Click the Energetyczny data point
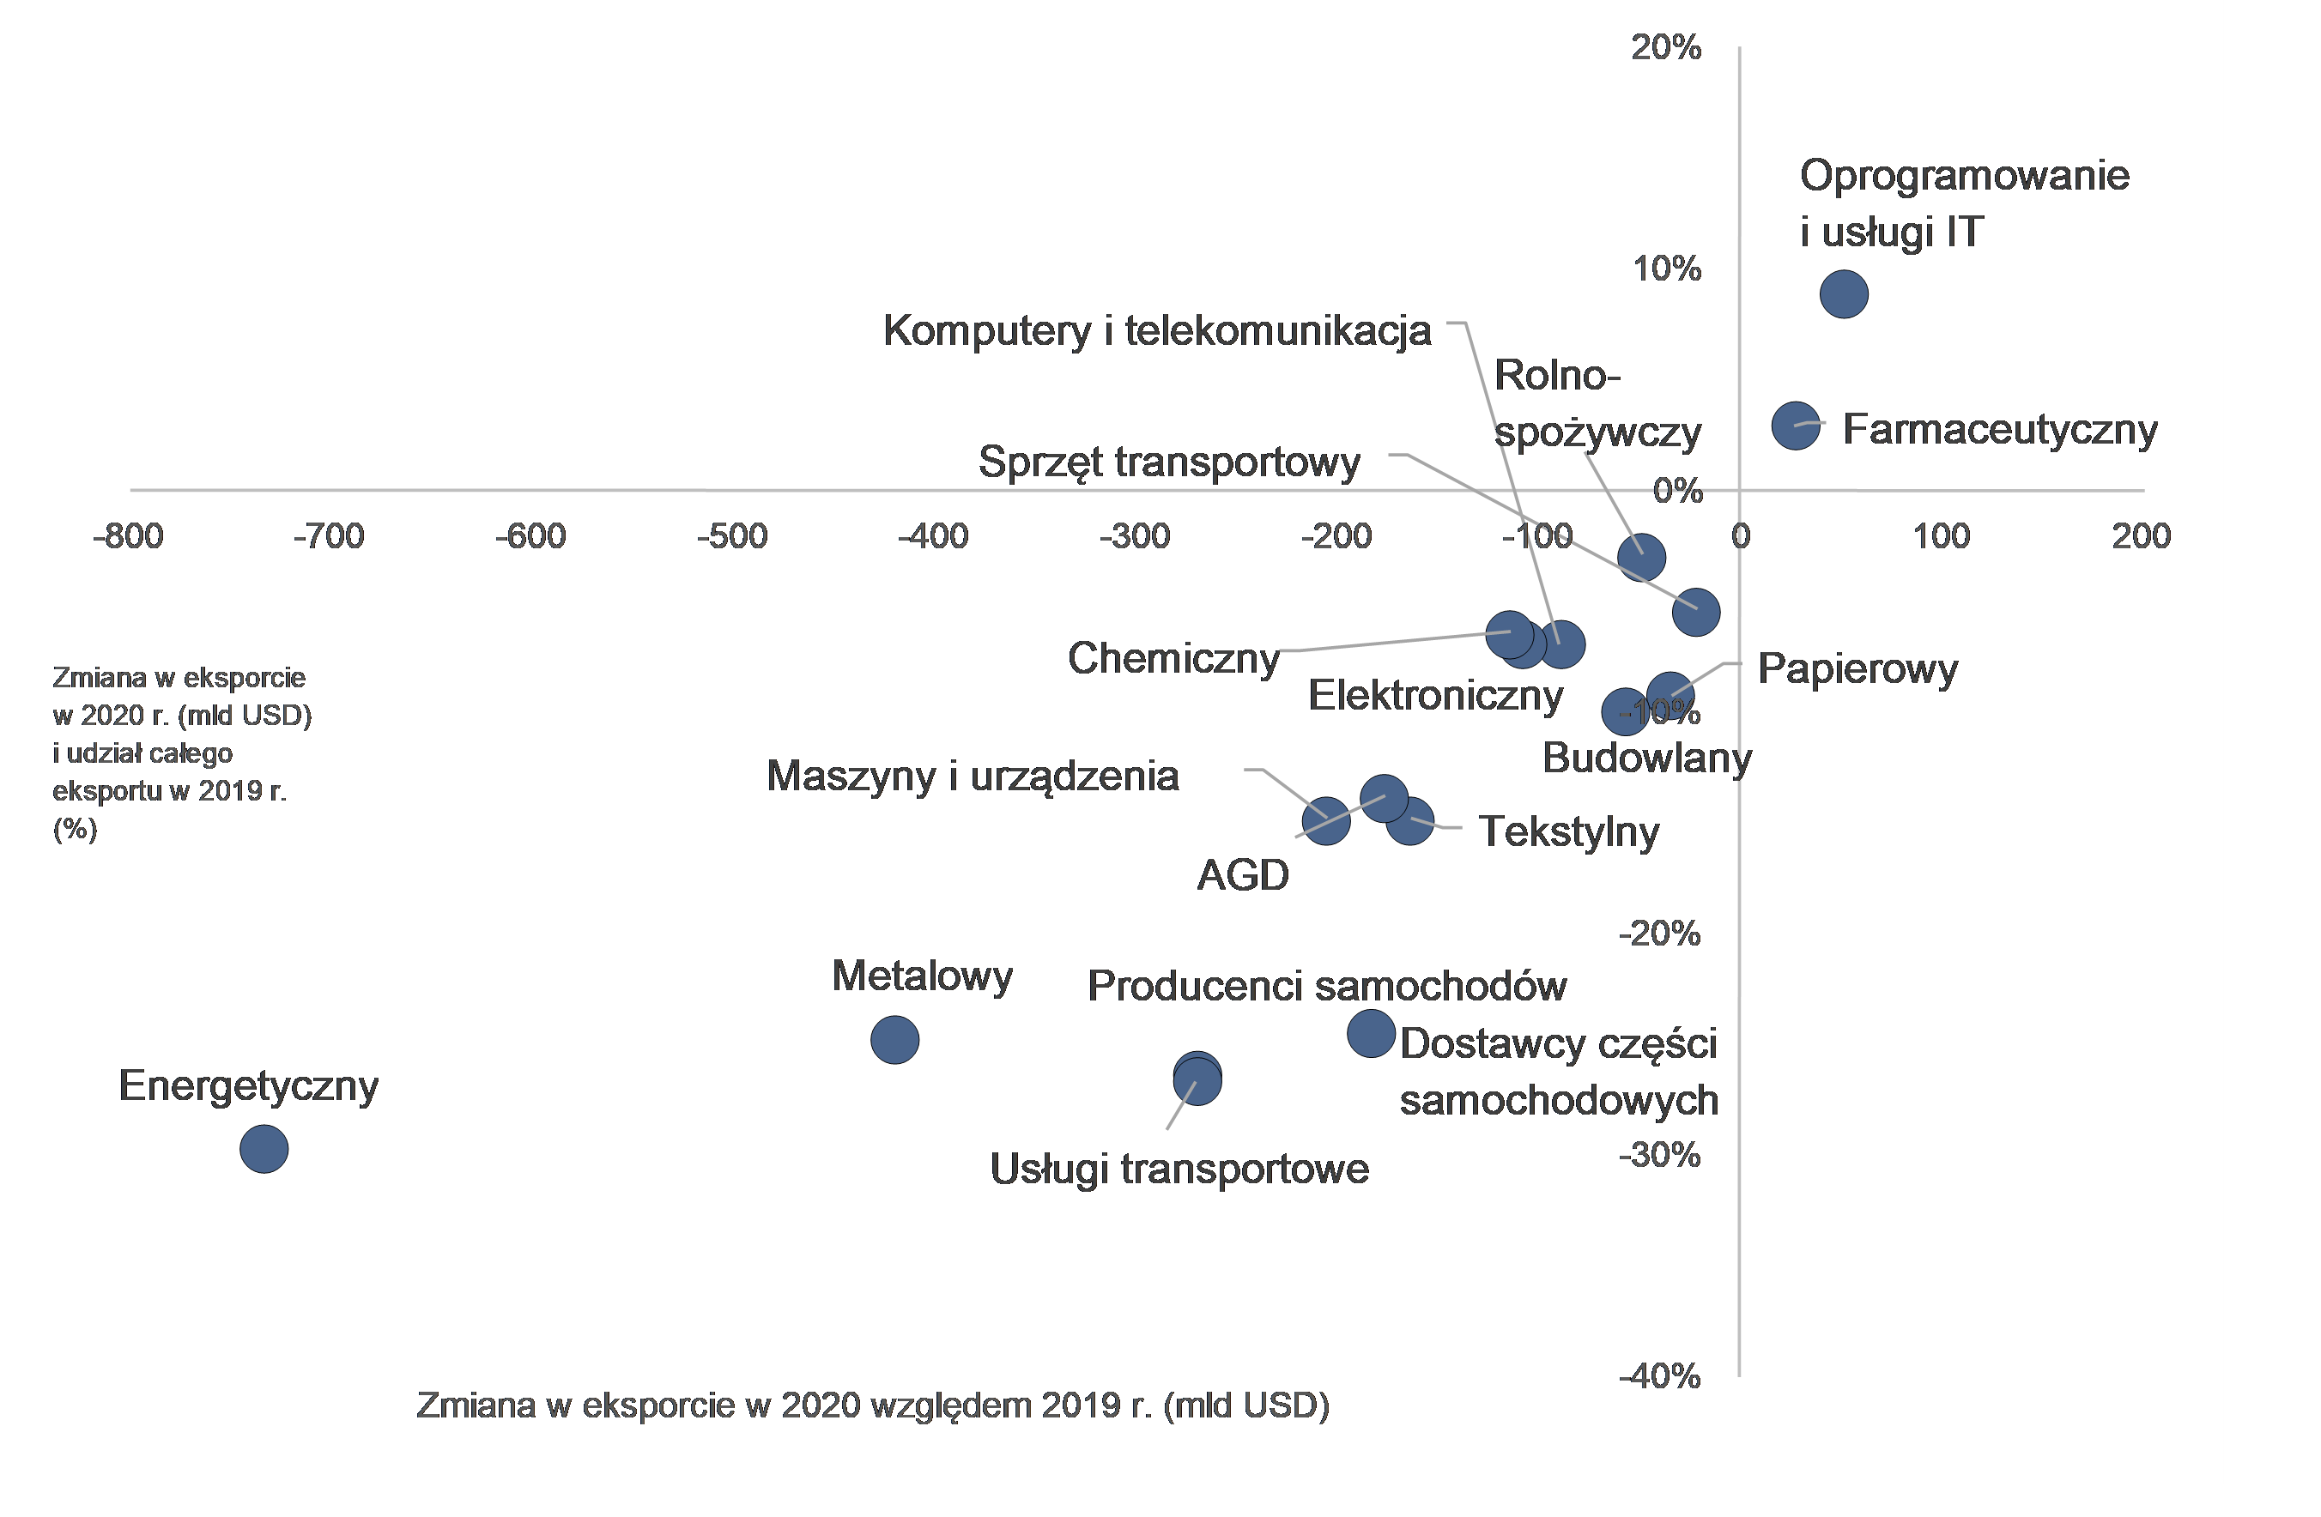[264, 1148]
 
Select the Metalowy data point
[894, 1039]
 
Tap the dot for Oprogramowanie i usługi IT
[1843, 293]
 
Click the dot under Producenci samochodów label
[1370, 1032]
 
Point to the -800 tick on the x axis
[129, 536]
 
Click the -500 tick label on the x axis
[732, 536]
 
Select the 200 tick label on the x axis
[2141, 536]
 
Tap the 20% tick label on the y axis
[1666, 47]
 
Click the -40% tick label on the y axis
[1660, 1376]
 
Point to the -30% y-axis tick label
[1660, 1155]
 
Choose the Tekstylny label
[1568, 831]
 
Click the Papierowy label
[1857, 668]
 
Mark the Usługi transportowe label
[1179, 1169]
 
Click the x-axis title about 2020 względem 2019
[873, 1405]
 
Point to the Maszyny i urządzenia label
[973, 776]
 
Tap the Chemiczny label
[1173, 658]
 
